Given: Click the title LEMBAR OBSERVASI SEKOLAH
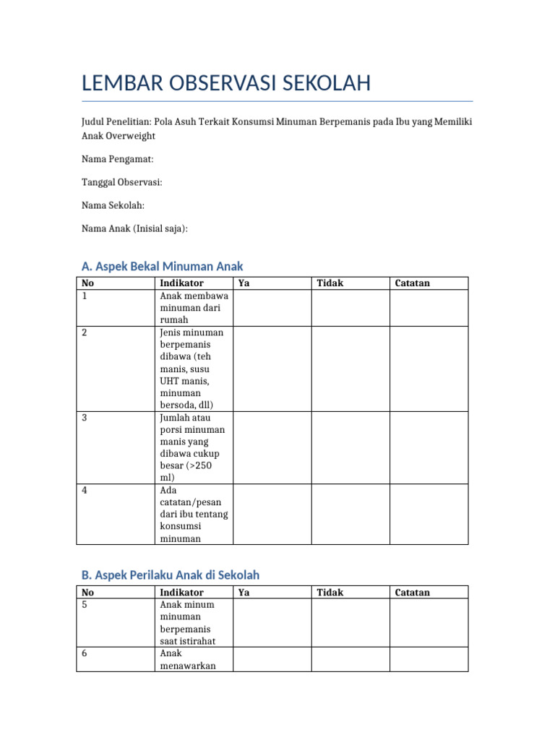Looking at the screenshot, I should (x=226, y=83).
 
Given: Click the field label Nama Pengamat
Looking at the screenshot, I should (x=117, y=159).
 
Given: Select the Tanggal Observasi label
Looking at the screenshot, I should (x=121, y=182).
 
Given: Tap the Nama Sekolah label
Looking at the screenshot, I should (x=113, y=205).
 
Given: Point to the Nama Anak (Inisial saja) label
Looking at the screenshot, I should (x=134, y=228).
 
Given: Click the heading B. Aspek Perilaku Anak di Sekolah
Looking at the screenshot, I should (x=170, y=575).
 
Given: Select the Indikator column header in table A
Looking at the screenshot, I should (x=181, y=283).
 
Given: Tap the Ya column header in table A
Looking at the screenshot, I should (x=244, y=283).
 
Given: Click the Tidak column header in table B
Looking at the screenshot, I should (x=330, y=593).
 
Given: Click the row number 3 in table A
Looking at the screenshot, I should (x=85, y=418).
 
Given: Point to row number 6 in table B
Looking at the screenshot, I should (x=85, y=653).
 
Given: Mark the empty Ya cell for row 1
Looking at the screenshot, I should (x=272, y=308).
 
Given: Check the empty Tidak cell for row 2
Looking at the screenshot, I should (x=350, y=369).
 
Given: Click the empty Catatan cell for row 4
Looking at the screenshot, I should (x=429, y=514).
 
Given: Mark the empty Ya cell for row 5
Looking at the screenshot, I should (x=272, y=622).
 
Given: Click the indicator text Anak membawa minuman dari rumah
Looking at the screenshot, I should (x=193, y=308).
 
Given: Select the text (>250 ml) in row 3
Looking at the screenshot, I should (x=186, y=472).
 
